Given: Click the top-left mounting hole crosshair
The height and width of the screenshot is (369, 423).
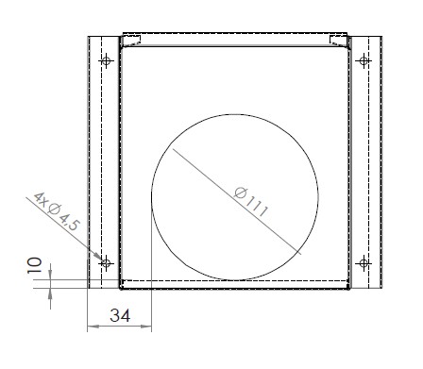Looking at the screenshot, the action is (106, 60).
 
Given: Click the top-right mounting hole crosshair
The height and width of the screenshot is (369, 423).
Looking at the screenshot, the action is (364, 60).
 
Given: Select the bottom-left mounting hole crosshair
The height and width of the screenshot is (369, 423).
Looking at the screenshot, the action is (106, 263).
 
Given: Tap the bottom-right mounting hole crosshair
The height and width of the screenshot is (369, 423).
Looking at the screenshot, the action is (364, 263).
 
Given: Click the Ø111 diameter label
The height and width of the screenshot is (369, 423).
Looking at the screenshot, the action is (251, 202).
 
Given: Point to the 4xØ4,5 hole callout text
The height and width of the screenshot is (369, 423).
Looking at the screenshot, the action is (57, 211).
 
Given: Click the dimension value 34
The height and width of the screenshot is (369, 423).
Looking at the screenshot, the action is (120, 315).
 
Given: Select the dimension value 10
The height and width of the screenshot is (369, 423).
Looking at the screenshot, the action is (34, 265).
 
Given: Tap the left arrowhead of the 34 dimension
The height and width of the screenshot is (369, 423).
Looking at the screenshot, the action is (93, 327).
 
